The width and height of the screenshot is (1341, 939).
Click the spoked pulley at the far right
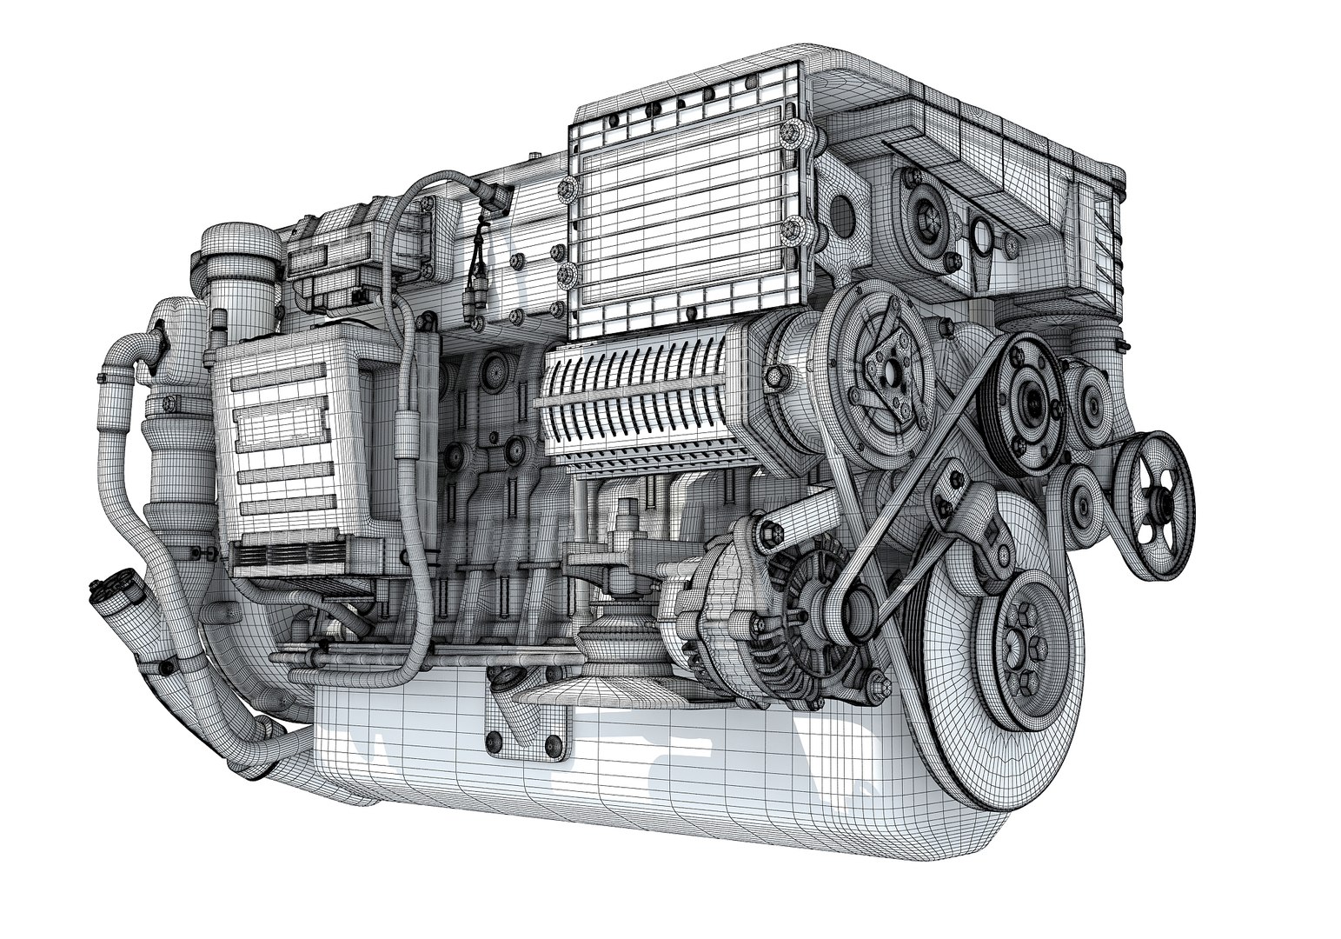pos(1155,503)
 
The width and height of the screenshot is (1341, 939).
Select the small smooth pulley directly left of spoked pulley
pos(1082,504)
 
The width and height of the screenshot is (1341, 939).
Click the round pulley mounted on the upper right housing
pos(921,217)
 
